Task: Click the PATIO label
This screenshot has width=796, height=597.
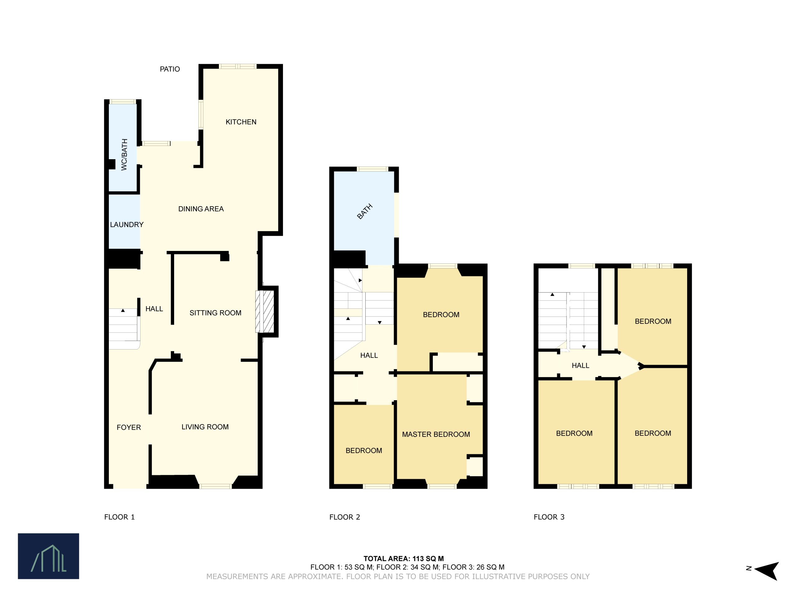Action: pos(170,69)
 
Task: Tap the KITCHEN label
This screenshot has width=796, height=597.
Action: pos(241,122)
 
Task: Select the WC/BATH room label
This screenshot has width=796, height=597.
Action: pos(124,154)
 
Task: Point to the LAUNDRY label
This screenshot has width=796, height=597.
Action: pos(127,224)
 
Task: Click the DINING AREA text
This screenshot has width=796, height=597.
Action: pos(201,209)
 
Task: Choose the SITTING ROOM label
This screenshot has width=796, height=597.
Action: pos(215,313)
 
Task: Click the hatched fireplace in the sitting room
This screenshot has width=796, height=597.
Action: pos(265,311)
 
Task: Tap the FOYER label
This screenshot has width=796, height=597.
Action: pos(129,427)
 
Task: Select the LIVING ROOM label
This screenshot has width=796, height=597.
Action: pos(205,427)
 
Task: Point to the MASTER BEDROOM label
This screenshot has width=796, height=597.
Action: pos(436,434)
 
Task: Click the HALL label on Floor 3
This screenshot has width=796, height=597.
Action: pos(581,366)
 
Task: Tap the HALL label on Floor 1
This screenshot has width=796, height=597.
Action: pos(154,309)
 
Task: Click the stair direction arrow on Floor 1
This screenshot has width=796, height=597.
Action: pos(123,310)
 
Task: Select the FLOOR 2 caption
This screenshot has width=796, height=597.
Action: pos(345,517)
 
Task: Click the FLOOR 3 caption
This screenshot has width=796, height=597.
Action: pos(549,517)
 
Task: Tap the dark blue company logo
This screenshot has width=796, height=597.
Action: pos(49,556)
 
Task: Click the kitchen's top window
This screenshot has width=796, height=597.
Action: pos(238,66)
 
